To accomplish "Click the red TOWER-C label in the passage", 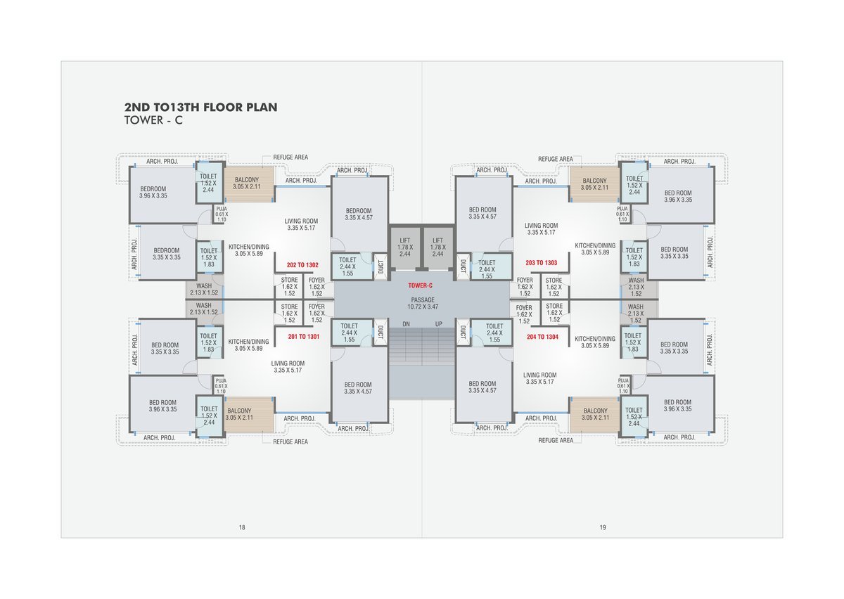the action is pyautogui.click(x=420, y=285).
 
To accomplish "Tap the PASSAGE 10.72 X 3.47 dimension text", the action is pyautogui.click(x=423, y=303).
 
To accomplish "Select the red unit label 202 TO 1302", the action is pyautogui.click(x=302, y=265).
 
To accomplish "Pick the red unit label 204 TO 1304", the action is pyautogui.click(x=542, y=337).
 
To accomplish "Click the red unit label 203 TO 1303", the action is pyautogui.click(x=542, y=262).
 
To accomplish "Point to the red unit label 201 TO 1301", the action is pyautogui.click(x=304, y=337).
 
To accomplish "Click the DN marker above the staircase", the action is pyautogui.click(x=407, y=324).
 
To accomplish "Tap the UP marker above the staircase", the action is pyautogui.click(x=439, y=324).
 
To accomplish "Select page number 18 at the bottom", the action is pyautogui.click(x=242, y=527).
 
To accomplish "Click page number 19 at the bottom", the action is pyautogui.click(x=603, y=527).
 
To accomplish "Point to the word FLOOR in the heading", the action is pyautogui.click(x=224, y=108).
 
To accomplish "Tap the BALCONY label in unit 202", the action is pyautogui.click(x=247, y=180).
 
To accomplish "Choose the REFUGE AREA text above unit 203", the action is pyautogui.click(x=556, y=159).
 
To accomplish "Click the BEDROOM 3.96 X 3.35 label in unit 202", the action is pyautogui.click(x=153, y=192).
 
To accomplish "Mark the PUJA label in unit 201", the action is pyautogui.click(x=221, y=381).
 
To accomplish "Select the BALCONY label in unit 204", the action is pyautogui.click(x=595, y=411).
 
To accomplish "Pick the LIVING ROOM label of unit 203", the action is pyautogui.click(x=541, y=226).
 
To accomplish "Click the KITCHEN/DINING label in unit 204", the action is pyautogui.click(x=595, y=339).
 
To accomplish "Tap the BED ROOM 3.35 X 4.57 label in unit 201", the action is pyautogui.click(x=358, y=388).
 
